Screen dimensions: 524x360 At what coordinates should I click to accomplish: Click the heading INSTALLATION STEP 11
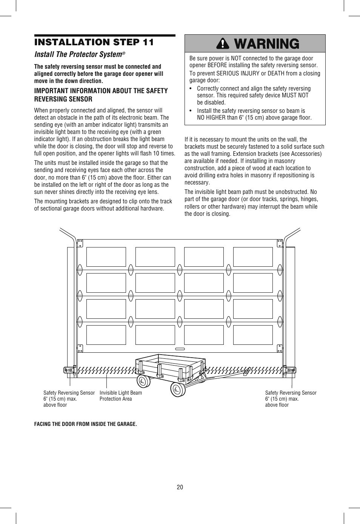94,42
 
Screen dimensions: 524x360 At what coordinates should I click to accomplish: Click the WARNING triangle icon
223,44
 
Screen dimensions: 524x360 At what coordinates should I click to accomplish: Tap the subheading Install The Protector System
78,54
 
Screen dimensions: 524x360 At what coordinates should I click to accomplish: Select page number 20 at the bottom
180,487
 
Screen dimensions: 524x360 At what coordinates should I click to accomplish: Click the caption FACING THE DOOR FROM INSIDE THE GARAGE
86,424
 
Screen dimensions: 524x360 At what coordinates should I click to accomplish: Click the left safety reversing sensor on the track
69,370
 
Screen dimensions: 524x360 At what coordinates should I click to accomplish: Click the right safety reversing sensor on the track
291,370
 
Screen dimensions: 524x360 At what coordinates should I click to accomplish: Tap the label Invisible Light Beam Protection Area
120,396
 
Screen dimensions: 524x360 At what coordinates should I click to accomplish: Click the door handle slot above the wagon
180,349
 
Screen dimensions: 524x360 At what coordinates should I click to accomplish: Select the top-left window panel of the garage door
106,257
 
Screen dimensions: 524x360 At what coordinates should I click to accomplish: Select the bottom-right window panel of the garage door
253,335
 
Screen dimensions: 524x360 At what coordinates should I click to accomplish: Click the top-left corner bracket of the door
80,243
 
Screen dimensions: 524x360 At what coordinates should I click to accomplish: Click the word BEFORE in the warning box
217,65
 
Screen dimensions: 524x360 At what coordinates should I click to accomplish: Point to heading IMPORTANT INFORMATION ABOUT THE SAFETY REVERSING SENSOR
101,95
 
